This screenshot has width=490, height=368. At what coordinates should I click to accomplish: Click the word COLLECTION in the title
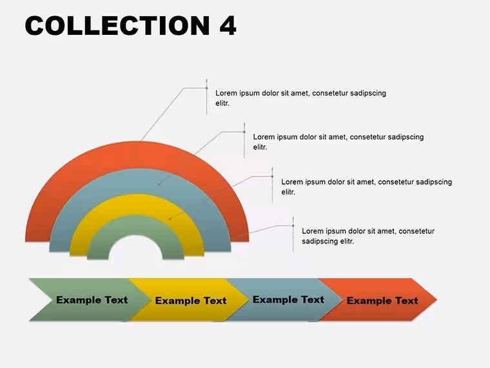[117, 25]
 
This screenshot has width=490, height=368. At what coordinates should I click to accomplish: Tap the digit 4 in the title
[228, 25]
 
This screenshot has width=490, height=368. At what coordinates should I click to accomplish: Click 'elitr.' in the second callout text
[260, 147]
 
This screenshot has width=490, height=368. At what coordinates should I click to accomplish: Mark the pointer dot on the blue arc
[159, 185]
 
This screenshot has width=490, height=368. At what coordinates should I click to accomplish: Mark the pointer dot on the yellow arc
[170, 219]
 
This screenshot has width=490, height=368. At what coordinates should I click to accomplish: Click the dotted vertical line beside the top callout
[206, 97]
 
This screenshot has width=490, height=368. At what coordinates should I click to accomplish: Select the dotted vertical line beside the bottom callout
[293, 234]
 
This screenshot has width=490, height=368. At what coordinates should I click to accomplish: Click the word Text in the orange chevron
[406, 301]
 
